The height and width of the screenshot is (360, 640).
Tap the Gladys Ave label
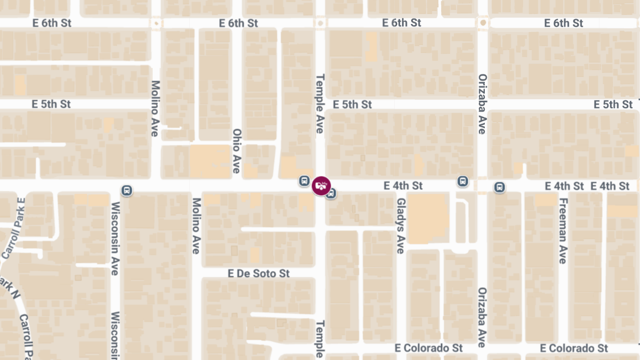tap(401, 226)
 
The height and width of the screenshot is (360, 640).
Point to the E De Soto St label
tap(259, 274)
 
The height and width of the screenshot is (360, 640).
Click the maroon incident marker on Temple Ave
tap(321, 186)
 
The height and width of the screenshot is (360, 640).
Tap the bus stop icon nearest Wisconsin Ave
tap(127, 190)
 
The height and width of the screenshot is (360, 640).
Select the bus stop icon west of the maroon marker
tap(304, 181)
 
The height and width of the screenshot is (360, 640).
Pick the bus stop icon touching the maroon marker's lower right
tap(331, 193)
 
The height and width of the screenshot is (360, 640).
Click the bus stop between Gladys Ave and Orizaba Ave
tap(462, 181)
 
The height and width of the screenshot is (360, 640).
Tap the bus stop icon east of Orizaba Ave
tap(499, 187)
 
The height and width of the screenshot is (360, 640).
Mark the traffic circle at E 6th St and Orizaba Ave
tap(483, 23)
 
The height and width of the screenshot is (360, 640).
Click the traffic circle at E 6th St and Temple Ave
tap(320, 23)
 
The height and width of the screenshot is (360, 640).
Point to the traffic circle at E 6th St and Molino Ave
tap(156, 23)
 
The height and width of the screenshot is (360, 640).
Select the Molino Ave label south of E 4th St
tap(196, 226)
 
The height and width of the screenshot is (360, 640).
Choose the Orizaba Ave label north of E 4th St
tap(482, 103)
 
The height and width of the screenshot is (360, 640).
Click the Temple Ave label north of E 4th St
tap(320, 103)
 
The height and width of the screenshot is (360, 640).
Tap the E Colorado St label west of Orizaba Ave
tap(429, 348)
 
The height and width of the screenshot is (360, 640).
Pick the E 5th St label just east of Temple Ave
tap(352, 105)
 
